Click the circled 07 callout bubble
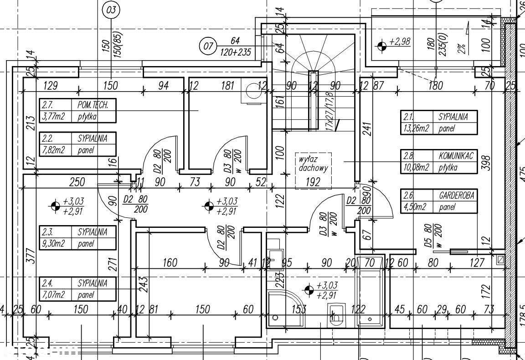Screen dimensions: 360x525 (208, 46)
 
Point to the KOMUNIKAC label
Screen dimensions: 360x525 (456, 156)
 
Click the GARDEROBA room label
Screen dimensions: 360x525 (457, 195)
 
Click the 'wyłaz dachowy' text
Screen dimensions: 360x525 (314, 164)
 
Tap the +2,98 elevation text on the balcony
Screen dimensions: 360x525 (400, 42)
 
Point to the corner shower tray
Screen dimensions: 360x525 (283, 309)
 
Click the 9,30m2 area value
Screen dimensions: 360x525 (53, 243)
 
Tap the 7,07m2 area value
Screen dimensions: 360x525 (53, 294)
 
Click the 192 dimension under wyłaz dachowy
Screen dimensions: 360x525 (313, 182)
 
